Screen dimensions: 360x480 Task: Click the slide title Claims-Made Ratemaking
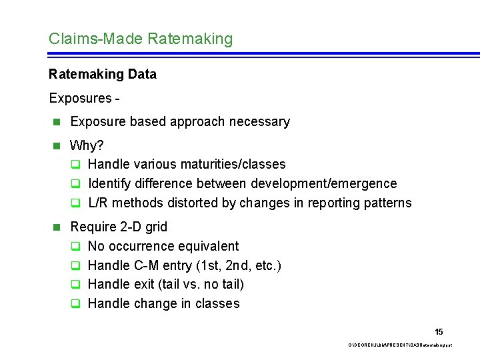coord(141,39)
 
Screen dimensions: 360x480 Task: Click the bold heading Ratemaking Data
coord(103,74)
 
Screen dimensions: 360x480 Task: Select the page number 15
coord(439,332)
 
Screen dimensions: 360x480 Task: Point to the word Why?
coord(87,145)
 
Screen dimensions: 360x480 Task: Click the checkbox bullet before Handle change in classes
coord(76,304)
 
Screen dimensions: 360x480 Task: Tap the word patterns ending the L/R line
coord(387,203)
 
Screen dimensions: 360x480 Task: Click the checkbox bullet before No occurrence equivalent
coord(76,246)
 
